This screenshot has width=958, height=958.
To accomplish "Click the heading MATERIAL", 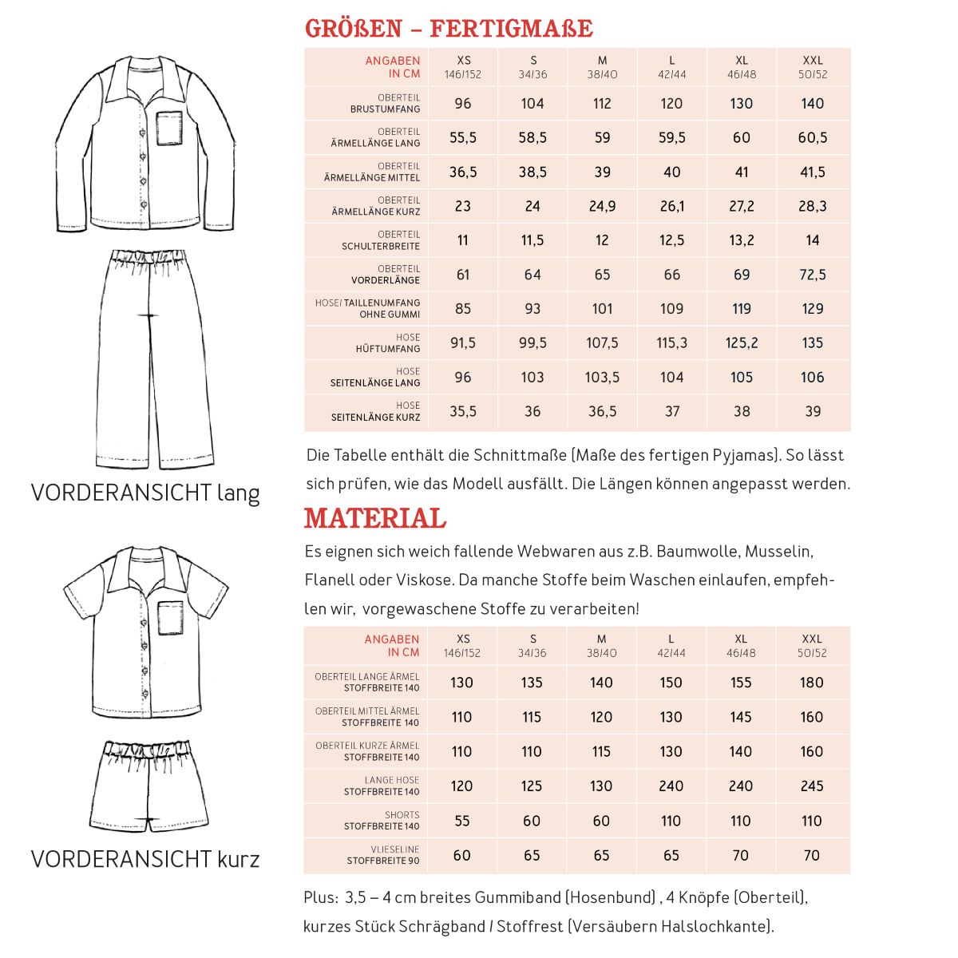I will (x=374, y=519).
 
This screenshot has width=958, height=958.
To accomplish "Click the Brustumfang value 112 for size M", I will (x=602, y=104).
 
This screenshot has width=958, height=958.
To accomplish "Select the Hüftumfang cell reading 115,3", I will (x=671, y=343).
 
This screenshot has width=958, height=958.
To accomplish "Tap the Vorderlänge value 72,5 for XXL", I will (x=812, y=275).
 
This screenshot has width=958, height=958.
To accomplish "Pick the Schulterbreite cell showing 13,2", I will (x=741, y=240).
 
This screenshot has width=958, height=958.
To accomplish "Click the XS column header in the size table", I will (x=463, y=66).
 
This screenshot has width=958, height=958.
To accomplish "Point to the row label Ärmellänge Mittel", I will (x=372, y=172).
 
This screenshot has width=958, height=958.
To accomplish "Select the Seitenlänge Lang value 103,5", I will (x=602, y=378).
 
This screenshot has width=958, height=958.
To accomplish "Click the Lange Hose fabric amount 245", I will (x=811, y=786).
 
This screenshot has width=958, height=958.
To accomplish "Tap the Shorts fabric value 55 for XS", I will (x=461, y=821).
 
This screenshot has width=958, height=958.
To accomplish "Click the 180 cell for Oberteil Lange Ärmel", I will (x=811, y=683).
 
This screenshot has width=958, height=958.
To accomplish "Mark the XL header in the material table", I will (x=740, y=645).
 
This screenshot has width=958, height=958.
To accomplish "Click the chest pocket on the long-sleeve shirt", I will (x=168, y=129).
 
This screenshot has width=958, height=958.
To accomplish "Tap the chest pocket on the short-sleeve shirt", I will (x=170, y=617).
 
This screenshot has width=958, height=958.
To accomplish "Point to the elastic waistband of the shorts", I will (x=148, y=750).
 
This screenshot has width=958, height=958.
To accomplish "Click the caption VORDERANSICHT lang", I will (x=145, y=493).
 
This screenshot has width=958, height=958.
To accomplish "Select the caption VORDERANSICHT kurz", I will (x=145, y=860).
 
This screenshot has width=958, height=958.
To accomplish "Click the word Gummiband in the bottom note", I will (x=517, y=898).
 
